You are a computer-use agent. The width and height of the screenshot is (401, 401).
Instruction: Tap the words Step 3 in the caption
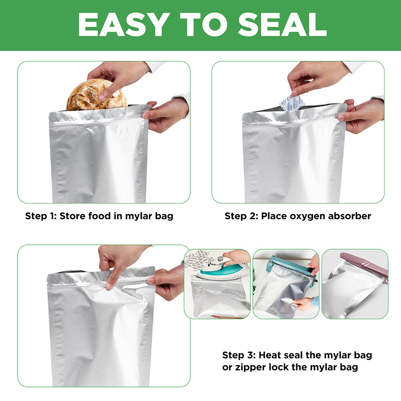tap(238, 355)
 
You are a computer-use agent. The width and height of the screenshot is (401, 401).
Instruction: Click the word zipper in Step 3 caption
tap(250, 367)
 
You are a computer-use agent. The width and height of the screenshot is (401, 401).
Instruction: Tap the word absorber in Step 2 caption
tap(350, 216)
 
